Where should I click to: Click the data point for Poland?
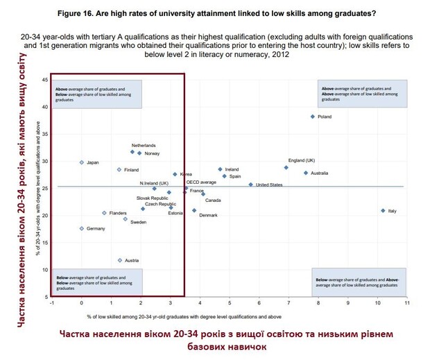(x=313, y=117)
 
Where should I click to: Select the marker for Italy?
(x=383, y=210)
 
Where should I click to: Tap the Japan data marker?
(x=81, y=162)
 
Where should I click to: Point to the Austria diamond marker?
(x=120, y=260)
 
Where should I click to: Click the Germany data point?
(x=81, y=228)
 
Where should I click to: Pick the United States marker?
(x=251, y=185)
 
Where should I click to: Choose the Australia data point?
(x=306, y=173)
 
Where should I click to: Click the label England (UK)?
(x=302, y=160)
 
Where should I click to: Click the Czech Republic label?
(x=161, y=204)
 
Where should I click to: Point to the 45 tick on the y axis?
(x=45, y=80)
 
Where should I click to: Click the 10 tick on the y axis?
(x=45, y=270)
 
